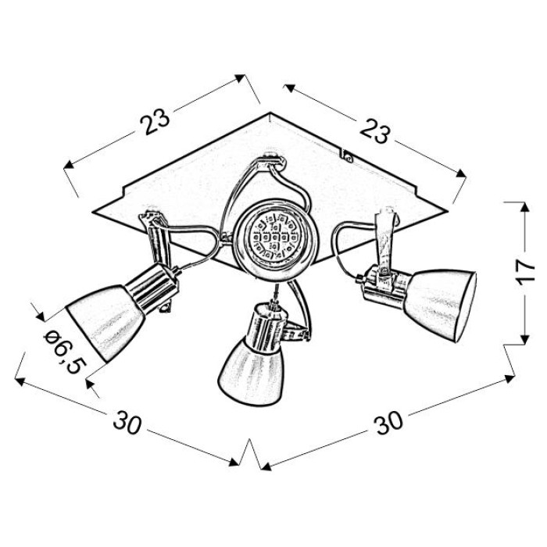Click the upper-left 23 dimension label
tap(155, 120)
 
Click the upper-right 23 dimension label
tap(374, 130)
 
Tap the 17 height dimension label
tap(526, 272)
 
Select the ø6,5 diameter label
tap(65, 353)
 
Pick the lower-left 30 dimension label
tap(127, 422)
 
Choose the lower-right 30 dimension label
tap(388, 423)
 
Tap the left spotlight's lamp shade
tap(105, 322)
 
